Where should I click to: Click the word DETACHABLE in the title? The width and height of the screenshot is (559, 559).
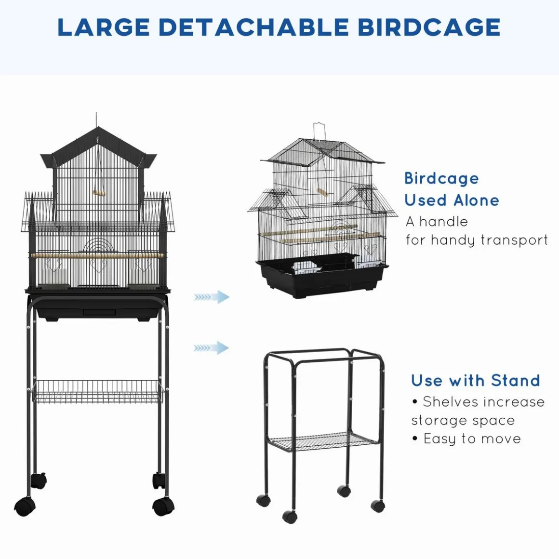coord(253,27)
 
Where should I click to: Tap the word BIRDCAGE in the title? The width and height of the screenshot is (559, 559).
coord(429,27)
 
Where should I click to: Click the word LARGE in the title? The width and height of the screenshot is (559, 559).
coord(104,27)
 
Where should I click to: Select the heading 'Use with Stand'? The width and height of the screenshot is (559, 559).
coord(476,380)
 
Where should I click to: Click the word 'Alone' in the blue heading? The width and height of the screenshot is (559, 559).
coord(477,200)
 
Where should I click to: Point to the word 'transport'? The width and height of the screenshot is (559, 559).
coord(514,240)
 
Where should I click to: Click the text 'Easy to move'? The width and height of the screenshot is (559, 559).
coord(472,439)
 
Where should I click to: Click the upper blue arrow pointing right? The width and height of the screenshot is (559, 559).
coord(212,297)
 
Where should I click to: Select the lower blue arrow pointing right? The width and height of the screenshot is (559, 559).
coord(212,347)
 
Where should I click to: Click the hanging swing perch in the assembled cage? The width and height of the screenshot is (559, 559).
coord(99,192)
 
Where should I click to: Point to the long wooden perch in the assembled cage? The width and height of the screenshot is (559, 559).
coord(97,255)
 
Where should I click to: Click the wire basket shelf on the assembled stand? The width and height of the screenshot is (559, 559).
coord(97,391)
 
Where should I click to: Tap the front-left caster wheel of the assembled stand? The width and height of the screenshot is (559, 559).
coord(25,506)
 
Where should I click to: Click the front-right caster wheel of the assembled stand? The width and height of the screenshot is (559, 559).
coord(163,506)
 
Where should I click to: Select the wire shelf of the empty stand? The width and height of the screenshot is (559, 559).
coord(323,442)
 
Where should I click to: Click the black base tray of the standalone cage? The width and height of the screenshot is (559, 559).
coord(321,278)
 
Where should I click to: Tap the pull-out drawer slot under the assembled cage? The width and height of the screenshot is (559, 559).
coord(99,312)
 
